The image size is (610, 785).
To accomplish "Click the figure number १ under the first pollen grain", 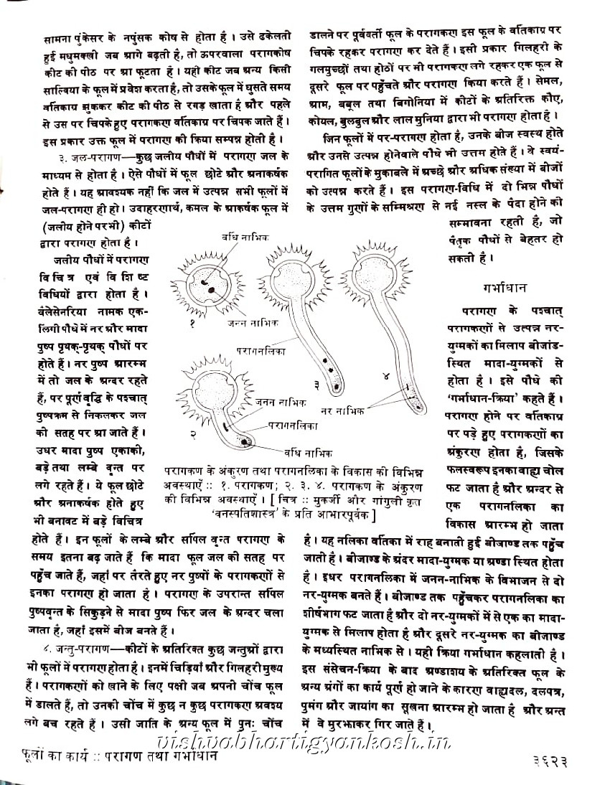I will [x=193, y=325].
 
